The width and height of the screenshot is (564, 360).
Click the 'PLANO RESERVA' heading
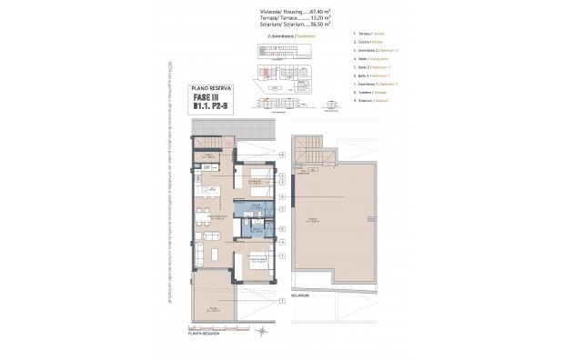pyautogui.click(x=213, y=88)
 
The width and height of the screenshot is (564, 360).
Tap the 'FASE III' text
pyautogui.click(x=213, y=98)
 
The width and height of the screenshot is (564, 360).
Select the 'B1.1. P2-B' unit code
pyautogui.click(x=213, y=109)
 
